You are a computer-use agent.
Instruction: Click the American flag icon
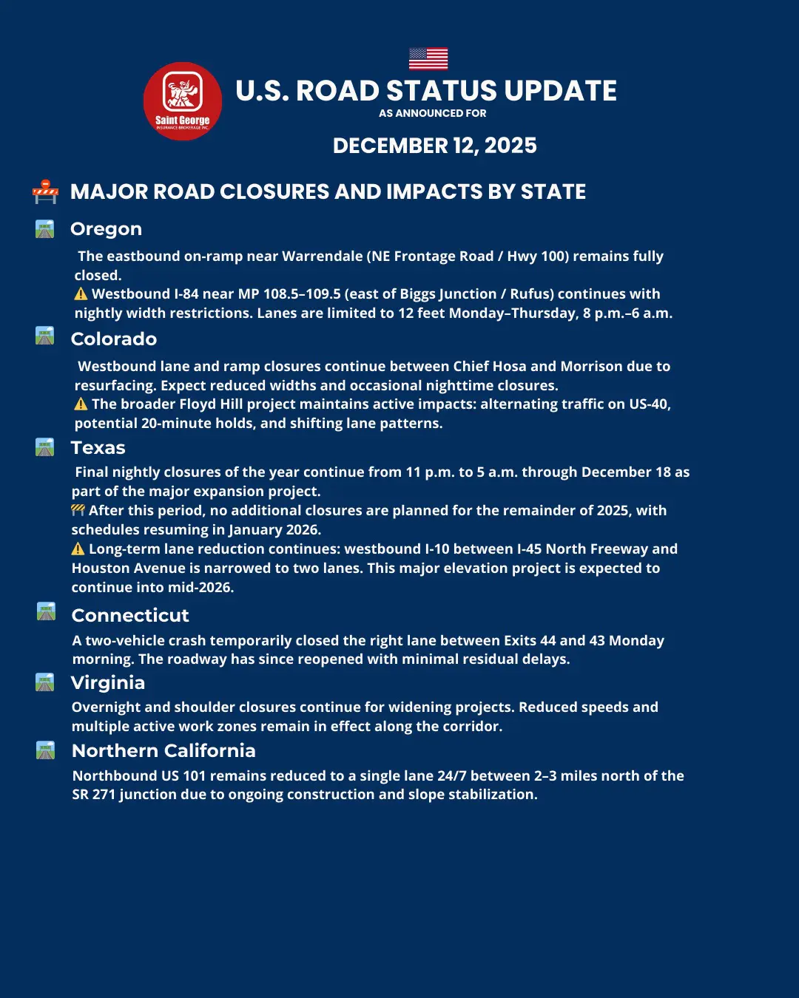[428, 58]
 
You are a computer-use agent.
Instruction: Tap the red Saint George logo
[182, 101]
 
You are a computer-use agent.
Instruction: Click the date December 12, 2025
[434, 146]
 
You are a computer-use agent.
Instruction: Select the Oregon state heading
[106, 229]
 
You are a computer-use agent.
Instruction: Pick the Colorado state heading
[113, 339]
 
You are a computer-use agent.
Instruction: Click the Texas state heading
[98, 448]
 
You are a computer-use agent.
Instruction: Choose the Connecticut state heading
[130, 616]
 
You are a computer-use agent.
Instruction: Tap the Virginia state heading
[108, 682]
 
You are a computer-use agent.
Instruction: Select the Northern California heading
[163, 751]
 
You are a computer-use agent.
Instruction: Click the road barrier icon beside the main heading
[45, 191]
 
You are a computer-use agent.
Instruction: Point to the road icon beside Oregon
[45, 229]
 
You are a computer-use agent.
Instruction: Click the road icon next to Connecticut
[46, 612]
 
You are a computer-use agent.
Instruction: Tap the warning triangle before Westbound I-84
[81, 294]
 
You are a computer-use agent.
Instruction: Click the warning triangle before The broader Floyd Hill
[81, 404]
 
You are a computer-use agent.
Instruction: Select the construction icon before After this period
[78, 510]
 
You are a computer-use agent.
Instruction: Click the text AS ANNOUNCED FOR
[433, 114]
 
